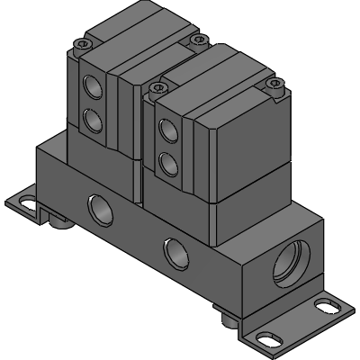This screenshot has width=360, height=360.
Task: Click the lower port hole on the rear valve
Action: [90, 118]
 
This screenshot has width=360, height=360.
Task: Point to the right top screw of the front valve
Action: [276, 85]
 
